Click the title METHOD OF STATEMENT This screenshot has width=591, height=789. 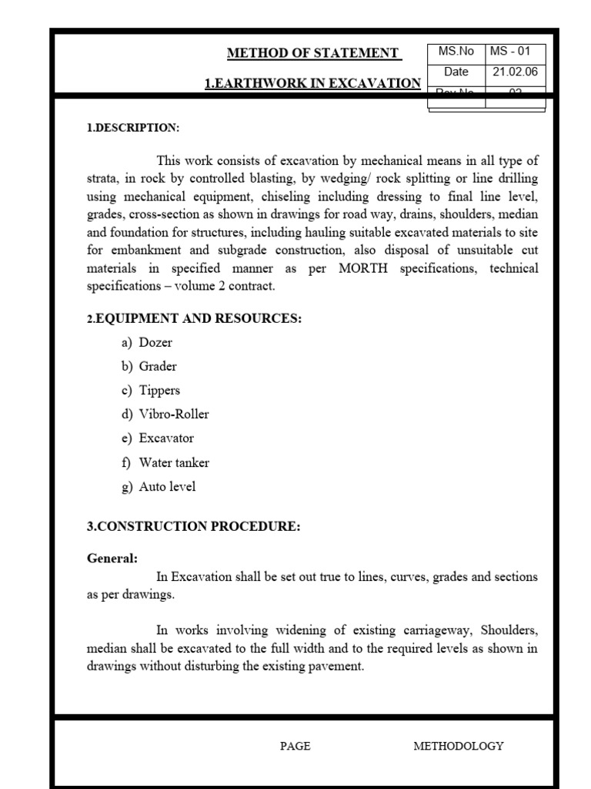tap(313, 53)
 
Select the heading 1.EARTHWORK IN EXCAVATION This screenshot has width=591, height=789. tap(312, 84)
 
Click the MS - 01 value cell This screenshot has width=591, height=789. tap(515, 52)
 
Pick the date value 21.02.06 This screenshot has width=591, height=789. tap(515, 72)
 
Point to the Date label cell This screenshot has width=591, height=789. tap(456, 72)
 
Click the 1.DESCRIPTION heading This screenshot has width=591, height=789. tap(132, 127)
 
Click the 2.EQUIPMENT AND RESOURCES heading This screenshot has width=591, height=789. tap(193, 319)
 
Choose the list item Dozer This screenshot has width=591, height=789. tap(155, 342)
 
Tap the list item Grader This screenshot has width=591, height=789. tap(158, 366)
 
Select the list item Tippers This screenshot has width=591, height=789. tap(159, 390)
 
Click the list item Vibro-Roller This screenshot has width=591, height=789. tap(174, 414)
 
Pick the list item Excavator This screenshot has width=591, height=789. tap(166, 438)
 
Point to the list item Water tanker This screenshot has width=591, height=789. tap(174, 462)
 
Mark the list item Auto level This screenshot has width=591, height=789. tap(167, 486)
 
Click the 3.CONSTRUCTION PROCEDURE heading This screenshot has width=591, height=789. tap(193, 527)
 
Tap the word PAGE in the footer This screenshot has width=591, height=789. tap(295, 746)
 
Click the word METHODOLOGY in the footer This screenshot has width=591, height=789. tap(459, 746)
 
